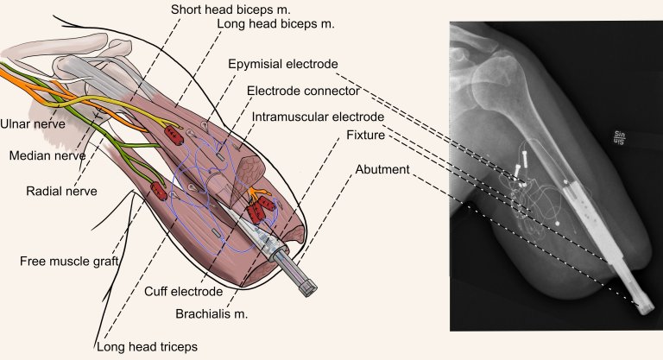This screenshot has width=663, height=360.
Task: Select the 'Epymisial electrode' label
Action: click(x=283, y=65)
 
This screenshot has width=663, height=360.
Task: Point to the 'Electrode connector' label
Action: click(x=299, y=91)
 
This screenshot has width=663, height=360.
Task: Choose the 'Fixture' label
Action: click(x=364, y=136)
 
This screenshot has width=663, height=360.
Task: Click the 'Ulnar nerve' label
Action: click(x=35, y=123)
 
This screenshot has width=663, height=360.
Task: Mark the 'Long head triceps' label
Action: click(x=149, y=347)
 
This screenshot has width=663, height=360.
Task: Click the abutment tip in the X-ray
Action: click(x=643, y=307)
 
